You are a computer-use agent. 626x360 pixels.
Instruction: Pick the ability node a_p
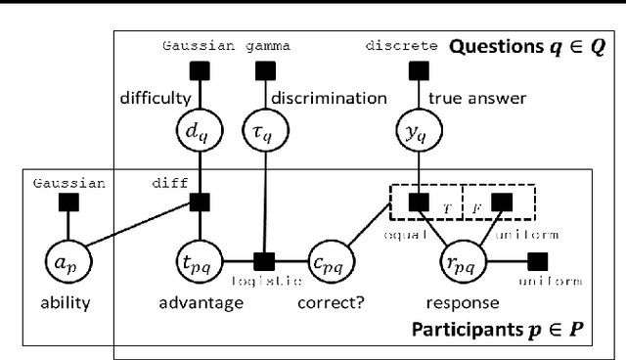click(x=68, y=263)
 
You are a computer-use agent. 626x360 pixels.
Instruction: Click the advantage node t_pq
click(x=200, y=263)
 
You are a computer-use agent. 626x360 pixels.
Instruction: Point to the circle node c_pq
click(x=331, y=263)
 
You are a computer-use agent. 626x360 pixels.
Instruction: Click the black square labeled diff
click(x=200, y=202)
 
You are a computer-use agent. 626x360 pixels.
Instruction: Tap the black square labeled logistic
click(x=262, y=262)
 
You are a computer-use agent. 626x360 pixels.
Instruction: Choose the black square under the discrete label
click(x=419, y=69)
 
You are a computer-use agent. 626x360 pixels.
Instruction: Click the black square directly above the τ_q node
click(x=262, y=69)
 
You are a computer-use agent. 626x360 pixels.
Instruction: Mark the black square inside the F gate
click(x=502, y=202)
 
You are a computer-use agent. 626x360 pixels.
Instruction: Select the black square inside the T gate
click(x=419, y=202)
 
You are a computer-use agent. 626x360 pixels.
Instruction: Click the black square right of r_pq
click(x=536, y=262)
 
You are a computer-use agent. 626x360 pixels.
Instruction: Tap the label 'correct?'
click(x=331, y=302)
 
